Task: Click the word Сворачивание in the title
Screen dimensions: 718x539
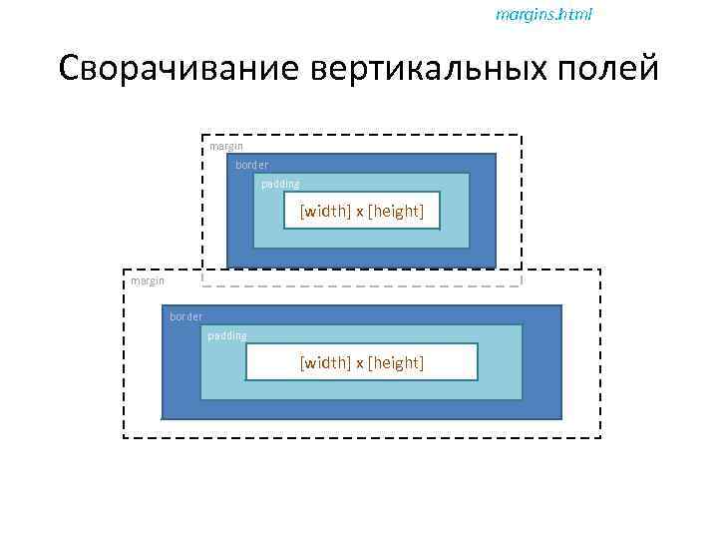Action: click(x=179, y=70)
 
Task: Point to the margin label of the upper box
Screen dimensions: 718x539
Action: click(x=226, y=147)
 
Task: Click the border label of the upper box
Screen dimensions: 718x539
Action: click(x=252, y=165)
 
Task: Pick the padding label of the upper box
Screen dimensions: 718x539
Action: click(x=280, y=184)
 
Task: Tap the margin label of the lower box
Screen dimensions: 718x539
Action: click(x=148, y=281)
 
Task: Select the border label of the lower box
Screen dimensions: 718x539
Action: click(x=186, y=316)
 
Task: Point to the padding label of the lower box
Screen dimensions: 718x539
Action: click(x=227, y=335)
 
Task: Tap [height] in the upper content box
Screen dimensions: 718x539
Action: click(x=396, y=211)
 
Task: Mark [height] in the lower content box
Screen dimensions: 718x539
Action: click(x=396, y=362)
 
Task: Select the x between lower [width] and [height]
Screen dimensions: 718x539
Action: click(x=360, y=363)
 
